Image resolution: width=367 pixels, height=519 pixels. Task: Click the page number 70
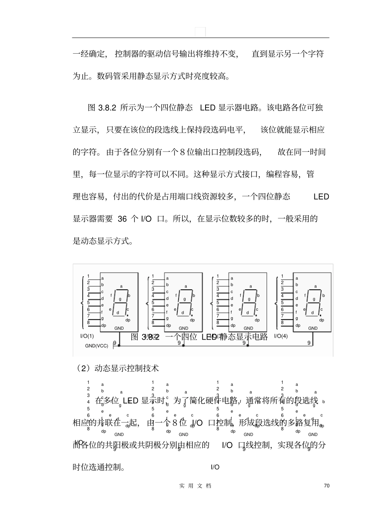click(x=327, y=485)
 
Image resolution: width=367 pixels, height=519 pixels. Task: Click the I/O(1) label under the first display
click(x=87, y=336)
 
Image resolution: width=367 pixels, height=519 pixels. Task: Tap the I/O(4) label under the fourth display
click(x=281, y=336)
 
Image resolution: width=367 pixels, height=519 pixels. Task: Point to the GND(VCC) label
click(x=97, y=346)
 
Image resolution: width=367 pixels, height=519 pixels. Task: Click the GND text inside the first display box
click(x=119, y=328)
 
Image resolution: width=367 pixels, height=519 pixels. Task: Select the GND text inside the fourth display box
click(x=313, y=328)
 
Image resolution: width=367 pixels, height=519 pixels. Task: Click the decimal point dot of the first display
click(x=127, y=315)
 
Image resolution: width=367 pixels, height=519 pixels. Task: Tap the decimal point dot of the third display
click(x=257, y=315)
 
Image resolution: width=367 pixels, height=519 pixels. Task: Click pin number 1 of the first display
click(x=88, y=276)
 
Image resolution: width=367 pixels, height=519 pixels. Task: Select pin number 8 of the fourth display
click(x=282, y=323)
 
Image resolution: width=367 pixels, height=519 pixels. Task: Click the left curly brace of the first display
click(x=82, y=303)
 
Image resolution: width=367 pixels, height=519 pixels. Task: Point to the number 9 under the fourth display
click(x=309, y=342)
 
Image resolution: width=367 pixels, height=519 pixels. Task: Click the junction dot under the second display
click(x=183, y=346)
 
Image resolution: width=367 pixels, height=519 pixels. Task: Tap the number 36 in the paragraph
click(x=122, y=219)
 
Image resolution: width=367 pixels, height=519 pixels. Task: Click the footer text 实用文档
click(x=195, y=485)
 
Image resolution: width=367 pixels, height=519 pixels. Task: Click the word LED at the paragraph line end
click(x=321, y=197)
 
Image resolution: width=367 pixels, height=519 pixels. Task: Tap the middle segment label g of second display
click(x=185, y=299)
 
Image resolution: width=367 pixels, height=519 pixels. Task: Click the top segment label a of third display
click(x=250, y=286)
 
